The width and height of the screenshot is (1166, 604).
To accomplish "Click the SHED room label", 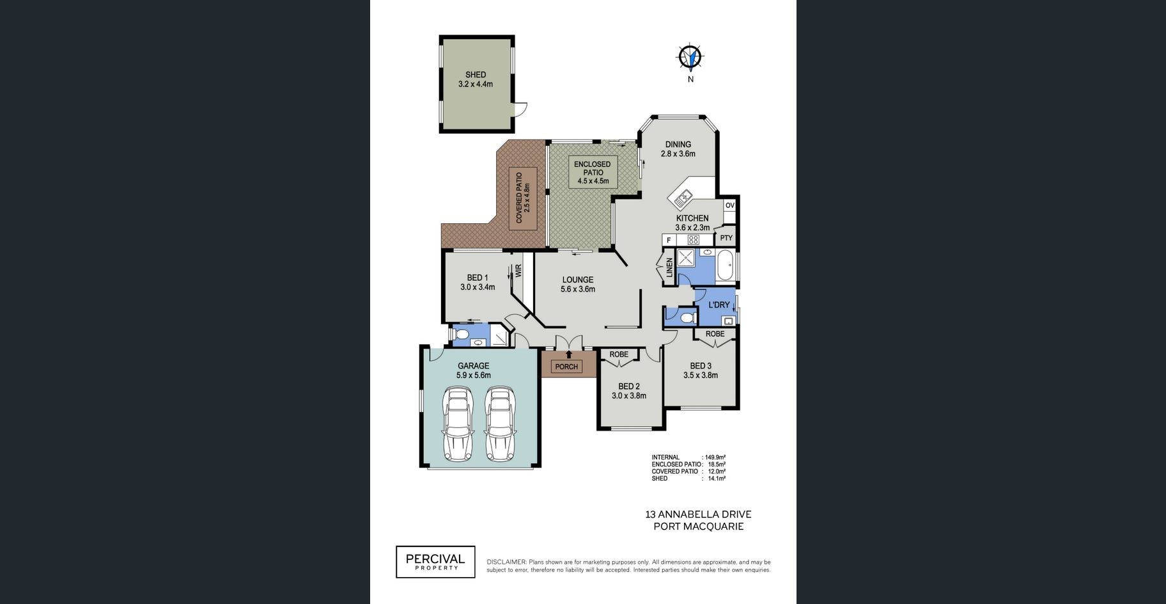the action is pyautogui.click(x=476, y=75).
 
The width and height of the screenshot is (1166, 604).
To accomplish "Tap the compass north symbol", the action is pyautogui.click(x=690, y=57).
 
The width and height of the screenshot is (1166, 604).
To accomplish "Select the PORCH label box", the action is pyautogui.click(x=566, y=367).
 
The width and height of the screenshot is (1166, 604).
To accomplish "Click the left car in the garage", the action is pyautogui.click(x=458, y=423).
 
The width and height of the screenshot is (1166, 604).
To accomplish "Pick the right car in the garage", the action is pyautogui.click(x=500, y=423).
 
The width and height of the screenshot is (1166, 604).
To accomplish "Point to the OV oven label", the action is pyautogui.click(x=730, y=205).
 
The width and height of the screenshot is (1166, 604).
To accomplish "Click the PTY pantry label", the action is pyautogui.click(x=726, y=238).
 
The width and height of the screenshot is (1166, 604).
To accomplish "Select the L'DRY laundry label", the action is pyautogui.click(x=719, y=305).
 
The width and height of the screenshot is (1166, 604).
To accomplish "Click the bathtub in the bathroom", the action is pyautogui.click(x=725, y=266).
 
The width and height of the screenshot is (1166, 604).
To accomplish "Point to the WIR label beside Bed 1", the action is pyautogui.click(x=518, y=271).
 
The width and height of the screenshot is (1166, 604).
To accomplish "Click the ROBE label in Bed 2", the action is pyautogui.click(x=619, y=354).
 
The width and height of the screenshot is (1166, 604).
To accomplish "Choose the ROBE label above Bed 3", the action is pyautogui.click(x=715, y=334).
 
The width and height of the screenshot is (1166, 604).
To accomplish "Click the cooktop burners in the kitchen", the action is pyautogui.click(x=693, y=240).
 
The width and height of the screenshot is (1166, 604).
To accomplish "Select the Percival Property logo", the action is pyautogui.click(x=435, y=562).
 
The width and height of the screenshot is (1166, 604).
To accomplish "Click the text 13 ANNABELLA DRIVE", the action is pyautogui.click(x=698, y=514).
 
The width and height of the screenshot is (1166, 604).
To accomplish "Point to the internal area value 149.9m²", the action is pyautogui.click(x=715, y=457).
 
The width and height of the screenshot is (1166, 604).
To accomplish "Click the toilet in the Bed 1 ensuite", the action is pyautogui.click(x=461, y=335).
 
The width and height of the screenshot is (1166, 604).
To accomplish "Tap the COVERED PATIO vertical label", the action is pyautogui.click(x=523, y=198).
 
